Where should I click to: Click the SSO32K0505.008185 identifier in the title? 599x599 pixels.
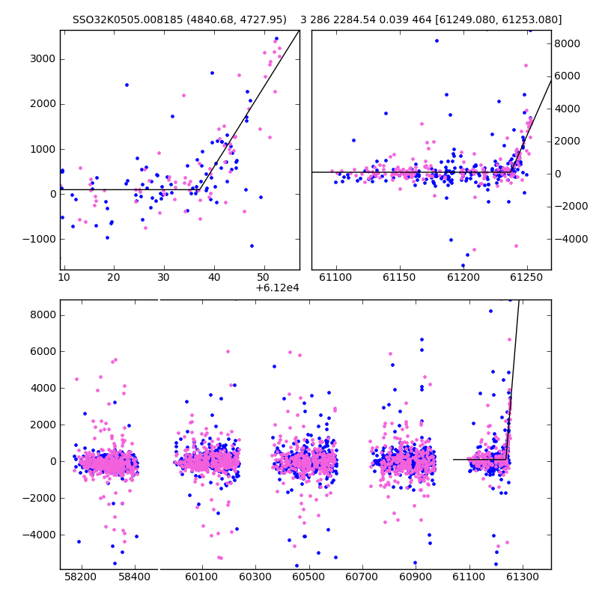tap(127, 19)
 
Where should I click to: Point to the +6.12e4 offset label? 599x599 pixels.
tap(277, 288)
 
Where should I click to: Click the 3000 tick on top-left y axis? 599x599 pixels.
tap(43, 59)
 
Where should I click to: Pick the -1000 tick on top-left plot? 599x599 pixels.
tap(40, 239)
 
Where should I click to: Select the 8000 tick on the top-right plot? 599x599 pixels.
tap(568, 43)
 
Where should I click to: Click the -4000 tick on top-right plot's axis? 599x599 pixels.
tap(571, 239)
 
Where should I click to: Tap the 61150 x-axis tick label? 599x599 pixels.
tap(400, 277)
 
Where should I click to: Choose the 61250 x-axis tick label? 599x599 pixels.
tap(527, 277)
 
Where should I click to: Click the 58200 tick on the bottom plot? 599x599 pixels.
tap(81, 577)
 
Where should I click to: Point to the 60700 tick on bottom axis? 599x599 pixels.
tap(362, 577)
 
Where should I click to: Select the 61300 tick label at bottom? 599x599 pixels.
tap(522, 577)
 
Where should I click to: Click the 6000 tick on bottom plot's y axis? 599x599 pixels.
tap(43, 351)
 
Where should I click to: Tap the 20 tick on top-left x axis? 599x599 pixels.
tap(114, 277)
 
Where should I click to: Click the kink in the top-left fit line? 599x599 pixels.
tap(200, 189)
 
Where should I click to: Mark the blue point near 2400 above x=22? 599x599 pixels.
tap(127, 85)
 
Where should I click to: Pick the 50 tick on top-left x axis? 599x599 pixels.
tap(264, 277)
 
